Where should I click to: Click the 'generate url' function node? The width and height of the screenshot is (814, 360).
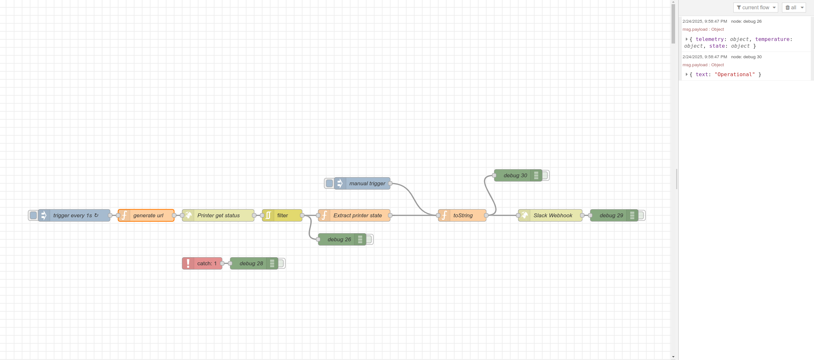coord(146,215)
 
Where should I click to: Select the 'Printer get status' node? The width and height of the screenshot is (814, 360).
coord(218,215)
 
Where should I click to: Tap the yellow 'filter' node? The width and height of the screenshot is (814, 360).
coord(282,215)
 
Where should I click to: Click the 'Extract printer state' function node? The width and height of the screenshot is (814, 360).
coord(354,215)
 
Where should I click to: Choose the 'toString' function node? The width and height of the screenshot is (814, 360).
coord(462,215)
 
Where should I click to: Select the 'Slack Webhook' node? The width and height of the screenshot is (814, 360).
coord(550,215)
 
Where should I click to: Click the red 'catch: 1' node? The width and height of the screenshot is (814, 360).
coord(202,263)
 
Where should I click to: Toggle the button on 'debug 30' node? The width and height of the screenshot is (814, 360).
coord(545,175)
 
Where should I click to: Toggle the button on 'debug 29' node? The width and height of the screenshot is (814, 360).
coord(641,215)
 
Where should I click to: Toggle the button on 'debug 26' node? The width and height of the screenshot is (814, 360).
coord(369,239)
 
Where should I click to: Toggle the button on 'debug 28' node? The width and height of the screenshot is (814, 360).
coord(281,263)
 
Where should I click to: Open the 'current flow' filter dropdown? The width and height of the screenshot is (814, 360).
coord(755,7)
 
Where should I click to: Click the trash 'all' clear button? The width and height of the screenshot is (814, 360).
coord(794,7)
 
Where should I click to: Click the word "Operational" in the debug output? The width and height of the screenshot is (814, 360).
coord(735,75)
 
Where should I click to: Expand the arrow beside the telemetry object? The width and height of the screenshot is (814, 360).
coord(686,39)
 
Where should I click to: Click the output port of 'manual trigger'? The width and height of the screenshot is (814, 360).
coord(390,183)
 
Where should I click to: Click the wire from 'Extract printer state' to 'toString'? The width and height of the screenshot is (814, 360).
coord(414,215)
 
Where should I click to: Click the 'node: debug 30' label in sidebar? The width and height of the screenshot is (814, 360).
coord(746,57)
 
